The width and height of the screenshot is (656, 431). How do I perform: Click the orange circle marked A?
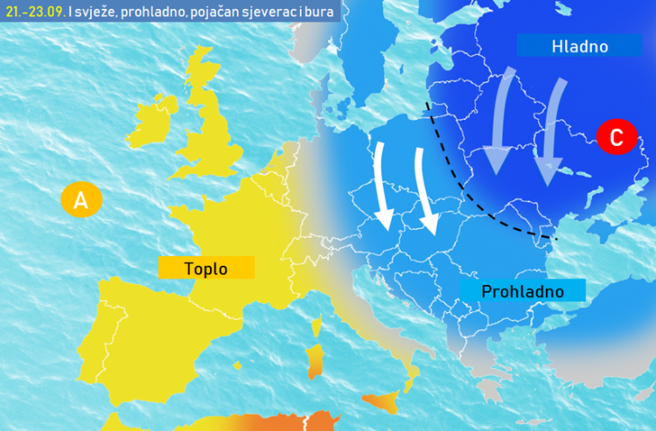point(80,200)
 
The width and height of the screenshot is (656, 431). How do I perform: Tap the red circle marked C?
point(616,137)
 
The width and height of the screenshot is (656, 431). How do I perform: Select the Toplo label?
point(206,268)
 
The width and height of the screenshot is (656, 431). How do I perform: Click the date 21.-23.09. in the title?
point(32,11)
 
